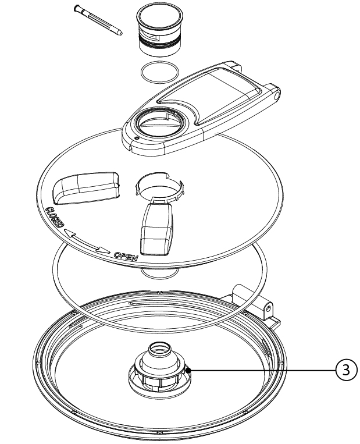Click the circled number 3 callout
click(x=346, y=370)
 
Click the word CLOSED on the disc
click(x=55, y=217)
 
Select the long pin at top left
click(x=98, y=20)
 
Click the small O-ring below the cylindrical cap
click(x=159, y=72)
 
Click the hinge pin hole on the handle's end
click(x=276, y=95)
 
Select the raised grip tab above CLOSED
click(x=86, y=187)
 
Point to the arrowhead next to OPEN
click(x=104, y=250)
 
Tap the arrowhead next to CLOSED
click(x=70, y=233)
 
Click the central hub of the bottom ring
click(x=160, y=370)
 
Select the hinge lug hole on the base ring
click(x=268, y=308)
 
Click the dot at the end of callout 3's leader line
click(x=188, y=370)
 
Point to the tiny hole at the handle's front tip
click(x=137, y=138)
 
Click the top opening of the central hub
click(x=159, y=349)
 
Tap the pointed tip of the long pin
click(x=122, y=33)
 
